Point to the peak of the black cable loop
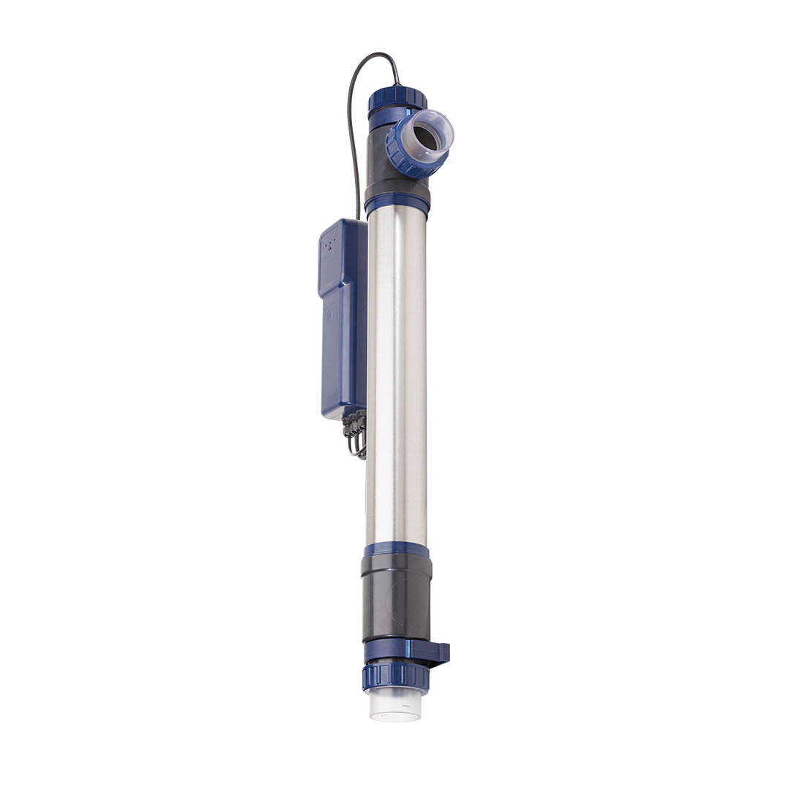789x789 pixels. tap(376, 55)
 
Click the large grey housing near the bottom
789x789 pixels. tap(397, 595)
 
